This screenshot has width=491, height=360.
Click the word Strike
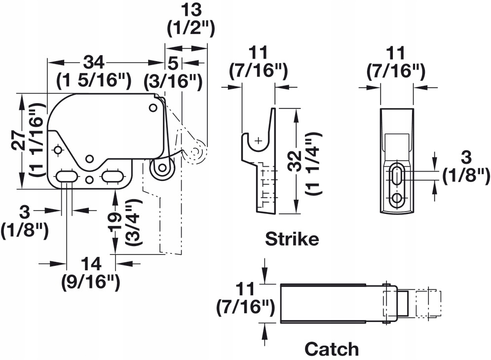(292, 240)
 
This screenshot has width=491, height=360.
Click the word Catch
(331, 349)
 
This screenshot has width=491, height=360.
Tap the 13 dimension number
(191, 10)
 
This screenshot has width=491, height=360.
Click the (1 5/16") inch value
(93, 79)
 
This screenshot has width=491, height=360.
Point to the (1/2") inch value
(191, 29)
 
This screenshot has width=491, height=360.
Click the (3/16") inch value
(173, 80)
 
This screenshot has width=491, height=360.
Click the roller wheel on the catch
(161, 169)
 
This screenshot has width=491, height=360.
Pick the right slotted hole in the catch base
(113, 176)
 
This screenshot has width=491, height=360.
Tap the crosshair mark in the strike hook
(258, 141)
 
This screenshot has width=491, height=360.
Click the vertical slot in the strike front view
(397, 176)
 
